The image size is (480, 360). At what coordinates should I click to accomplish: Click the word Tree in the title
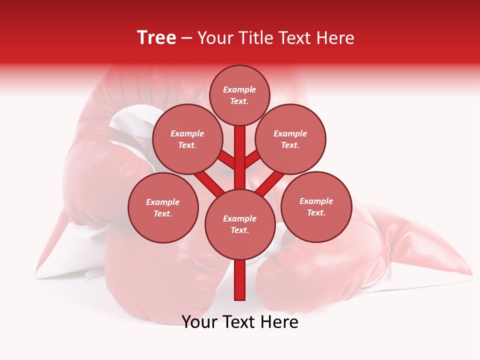click(156, 37)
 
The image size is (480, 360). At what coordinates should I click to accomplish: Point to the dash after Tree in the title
click(186, 38)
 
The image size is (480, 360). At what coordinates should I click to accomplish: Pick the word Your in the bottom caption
click(201, 322)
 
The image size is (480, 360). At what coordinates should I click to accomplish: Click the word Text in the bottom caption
click(241, 322)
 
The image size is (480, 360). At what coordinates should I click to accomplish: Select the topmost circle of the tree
click(239, 95)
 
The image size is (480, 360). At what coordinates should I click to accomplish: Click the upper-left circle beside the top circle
click(187, 139)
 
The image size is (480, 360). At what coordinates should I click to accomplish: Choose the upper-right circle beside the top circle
click(290, 139)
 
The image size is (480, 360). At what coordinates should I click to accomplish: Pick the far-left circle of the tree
click(163, 207)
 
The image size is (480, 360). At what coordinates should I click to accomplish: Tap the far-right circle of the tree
click(316, 206)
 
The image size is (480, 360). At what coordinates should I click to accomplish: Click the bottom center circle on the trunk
click(240, 224)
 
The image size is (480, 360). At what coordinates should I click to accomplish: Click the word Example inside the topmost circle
click(239, 90)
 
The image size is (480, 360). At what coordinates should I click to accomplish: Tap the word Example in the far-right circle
click(316, 201)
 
